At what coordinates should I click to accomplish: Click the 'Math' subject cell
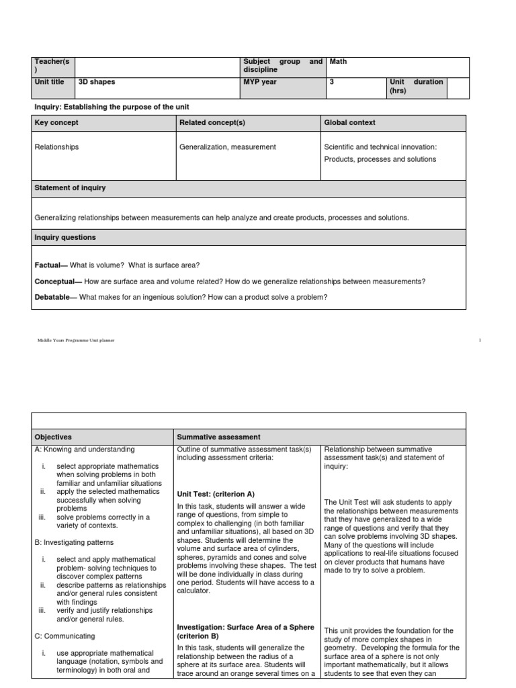[338, 62]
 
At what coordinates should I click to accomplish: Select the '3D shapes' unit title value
[97, 82]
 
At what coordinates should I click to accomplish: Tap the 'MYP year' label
[259, 82]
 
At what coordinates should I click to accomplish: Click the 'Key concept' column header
[56, 122]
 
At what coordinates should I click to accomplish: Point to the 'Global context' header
[349, 122]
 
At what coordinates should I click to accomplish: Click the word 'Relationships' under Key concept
[56, 146]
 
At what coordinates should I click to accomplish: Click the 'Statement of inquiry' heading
[69, 187]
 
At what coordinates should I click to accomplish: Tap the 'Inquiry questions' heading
[64, 237]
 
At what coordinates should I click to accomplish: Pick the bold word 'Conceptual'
[55, 282]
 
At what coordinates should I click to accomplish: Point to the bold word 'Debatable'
[54, 297]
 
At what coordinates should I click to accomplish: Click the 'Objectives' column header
[52, 437]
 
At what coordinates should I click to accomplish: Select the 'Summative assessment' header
[218, 437]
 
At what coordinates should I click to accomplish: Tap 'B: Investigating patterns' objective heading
[73, 542]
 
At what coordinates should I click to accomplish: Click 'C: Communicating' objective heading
[64, 636]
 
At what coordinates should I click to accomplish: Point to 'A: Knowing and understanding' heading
[84, 449]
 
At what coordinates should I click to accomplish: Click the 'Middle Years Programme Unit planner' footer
[75, 341]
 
